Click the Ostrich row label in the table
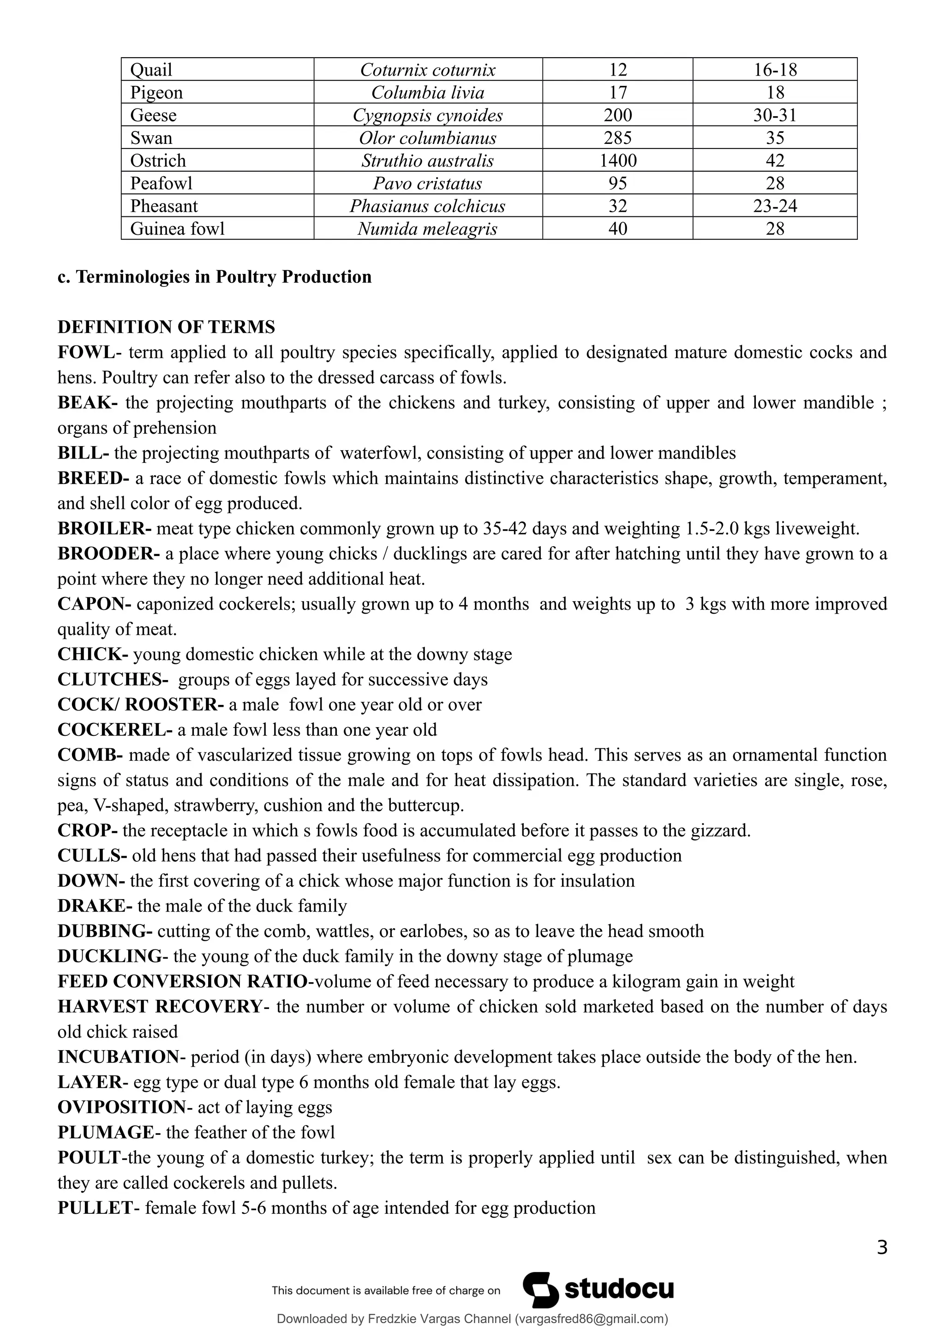click(158, 161)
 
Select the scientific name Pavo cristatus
click(427, 184)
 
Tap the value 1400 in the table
click(618, 161)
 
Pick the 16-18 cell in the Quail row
click(775, 70)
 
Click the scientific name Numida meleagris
click(427, 229)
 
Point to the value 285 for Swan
click(618, 138)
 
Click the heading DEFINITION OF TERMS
click(166, 327)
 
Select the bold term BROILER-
click(104, 529)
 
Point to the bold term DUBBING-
click(105, 931)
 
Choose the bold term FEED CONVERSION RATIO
click(182, 981)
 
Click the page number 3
click(881, 1247)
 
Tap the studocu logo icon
click(540, 1290)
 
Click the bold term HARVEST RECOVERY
click(160, 1006)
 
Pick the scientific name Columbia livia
click(427, 93)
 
